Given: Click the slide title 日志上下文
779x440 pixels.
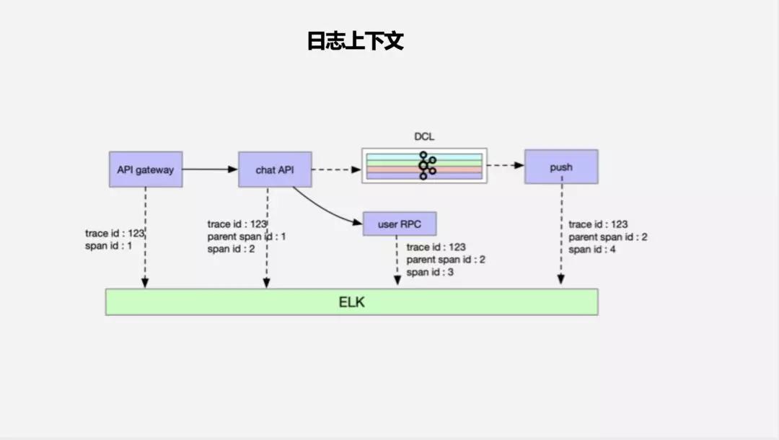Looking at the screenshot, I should pos(355,41).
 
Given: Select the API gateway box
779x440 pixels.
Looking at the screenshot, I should pos(145,169).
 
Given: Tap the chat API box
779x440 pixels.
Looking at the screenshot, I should pos(275,170).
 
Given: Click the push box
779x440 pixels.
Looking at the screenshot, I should pos(560,167).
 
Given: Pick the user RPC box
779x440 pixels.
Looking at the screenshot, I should pos(400,224).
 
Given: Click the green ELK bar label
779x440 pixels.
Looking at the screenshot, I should pos(351,302).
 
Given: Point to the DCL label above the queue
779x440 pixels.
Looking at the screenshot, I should pos(423,136).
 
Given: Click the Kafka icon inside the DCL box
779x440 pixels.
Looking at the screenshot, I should pos(426,166).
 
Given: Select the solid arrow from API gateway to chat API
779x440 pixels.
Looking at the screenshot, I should pos(209,170).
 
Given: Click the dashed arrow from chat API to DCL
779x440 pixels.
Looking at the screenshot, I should pos(336,170).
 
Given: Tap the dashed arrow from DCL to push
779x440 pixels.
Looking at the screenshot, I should pos(505,165).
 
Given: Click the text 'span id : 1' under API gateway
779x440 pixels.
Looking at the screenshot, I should pos(108,247).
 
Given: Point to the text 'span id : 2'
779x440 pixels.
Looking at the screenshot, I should pos(231,249).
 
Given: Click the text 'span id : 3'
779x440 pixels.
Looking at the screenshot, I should pos(430,272).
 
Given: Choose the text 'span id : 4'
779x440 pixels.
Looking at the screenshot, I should pos(592,250).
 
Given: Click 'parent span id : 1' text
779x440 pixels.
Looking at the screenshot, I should pos(247,237).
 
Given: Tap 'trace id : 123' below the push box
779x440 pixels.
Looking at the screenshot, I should pos(598,224).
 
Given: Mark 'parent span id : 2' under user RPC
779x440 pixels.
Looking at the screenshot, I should pos(446,260).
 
